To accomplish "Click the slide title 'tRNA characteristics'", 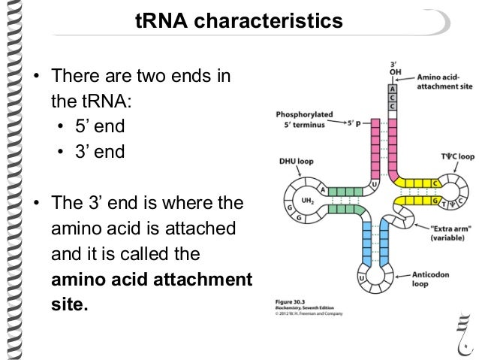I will point(238,23).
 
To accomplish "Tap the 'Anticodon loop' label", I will point(429,280).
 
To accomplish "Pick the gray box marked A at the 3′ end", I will point(391,87).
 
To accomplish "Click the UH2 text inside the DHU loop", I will point(309,204).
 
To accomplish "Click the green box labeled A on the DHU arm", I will point(324,190).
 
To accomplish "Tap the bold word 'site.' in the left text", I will point(69,305).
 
